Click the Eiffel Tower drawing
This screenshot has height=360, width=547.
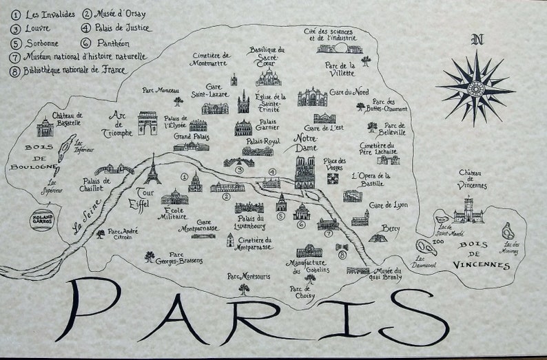pos(152,170)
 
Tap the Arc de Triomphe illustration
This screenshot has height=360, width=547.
pos(147,123)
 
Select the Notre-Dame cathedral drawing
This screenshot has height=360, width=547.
pos(305,172)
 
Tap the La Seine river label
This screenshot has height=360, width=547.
pos(88,217)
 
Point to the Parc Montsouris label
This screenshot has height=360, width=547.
pos(249,277)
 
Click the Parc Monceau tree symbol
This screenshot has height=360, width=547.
pos(178,102)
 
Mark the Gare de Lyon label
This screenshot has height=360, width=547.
pos(389,205)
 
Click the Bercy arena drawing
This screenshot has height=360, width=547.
pos(377,237)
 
